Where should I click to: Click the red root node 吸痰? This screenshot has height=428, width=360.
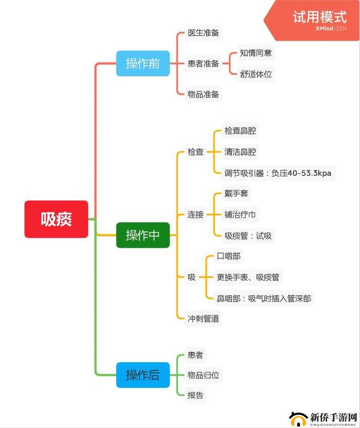click(56, 219)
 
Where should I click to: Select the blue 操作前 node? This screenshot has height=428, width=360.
click(143, 63)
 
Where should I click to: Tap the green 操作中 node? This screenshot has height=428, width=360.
click(143, 235)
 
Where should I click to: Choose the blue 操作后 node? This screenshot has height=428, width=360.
click(143, 375)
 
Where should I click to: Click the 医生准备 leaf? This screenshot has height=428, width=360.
click(203, 33)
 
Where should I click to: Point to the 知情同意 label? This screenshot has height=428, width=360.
click(256, 53)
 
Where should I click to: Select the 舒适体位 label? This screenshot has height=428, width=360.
click(256, 74)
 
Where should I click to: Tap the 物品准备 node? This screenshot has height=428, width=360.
click(203, 95)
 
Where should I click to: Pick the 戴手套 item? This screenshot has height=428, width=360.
click(236, 194)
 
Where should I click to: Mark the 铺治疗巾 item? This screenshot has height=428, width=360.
click(240, 215)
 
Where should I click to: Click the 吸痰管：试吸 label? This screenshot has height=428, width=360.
click(248, 235)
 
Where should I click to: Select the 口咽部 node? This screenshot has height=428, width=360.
click(229, 256)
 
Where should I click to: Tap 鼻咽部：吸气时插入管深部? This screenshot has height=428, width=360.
click(264, 298)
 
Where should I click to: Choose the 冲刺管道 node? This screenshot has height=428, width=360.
click(203, 319)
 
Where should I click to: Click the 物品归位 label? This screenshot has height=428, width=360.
click(203, 375)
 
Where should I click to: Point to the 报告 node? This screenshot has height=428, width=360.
click(195, 395)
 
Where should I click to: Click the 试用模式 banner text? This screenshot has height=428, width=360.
click(319, 17)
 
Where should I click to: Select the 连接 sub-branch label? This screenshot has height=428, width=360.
click(195, 215)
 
